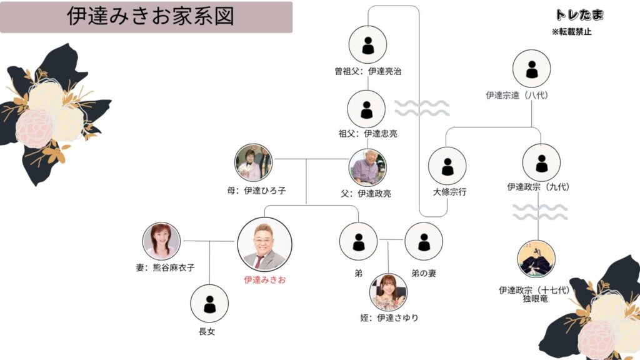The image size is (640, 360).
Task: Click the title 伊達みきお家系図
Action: (x=150, y=17)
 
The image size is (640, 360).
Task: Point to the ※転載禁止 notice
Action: (x=571, y=32)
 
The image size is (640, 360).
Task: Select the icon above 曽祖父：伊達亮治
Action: (x=367, y=44)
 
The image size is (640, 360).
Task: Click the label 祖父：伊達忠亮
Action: (x=367, y=133)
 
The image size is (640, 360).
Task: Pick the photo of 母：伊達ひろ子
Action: (x=254, y=162)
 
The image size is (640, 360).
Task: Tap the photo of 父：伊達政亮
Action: (x=367, y=166)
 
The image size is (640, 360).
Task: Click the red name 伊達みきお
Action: (x=264, y=280)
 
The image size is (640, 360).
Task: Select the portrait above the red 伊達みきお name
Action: (x=264, y=244)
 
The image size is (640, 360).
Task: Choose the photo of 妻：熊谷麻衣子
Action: (x=161, y=241)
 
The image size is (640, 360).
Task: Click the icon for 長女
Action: (x=209, y=303)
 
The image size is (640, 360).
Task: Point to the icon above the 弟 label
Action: (x=358, y=241)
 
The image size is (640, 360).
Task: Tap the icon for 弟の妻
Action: (x=424, y=241)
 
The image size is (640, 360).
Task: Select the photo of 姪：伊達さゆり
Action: (x=388, y=292)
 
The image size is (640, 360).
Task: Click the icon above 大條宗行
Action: (x=447, y=166)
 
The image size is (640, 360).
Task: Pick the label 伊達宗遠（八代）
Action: (x=531, y=96)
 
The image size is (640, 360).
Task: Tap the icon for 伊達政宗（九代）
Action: (x=541, y=162)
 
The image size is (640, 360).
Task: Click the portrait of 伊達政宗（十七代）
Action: (x=536, y=259)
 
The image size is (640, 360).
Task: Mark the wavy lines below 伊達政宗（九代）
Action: (x=540, y=212)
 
